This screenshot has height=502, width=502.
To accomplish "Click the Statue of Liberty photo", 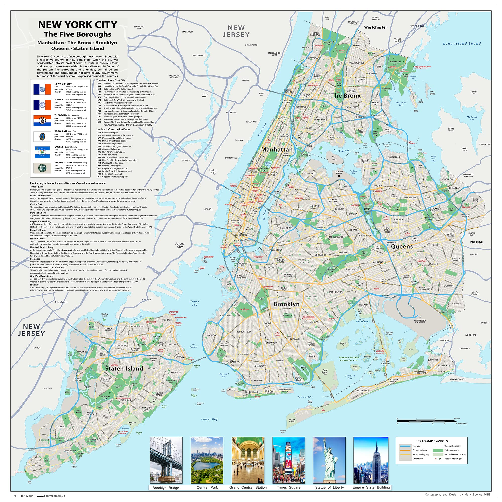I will [x=329, y=460].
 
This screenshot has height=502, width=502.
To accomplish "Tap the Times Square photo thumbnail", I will [x=288, y=460].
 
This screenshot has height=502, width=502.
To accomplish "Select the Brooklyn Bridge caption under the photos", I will [x=166, y=488].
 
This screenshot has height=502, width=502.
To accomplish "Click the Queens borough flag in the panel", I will [x=42, y=152].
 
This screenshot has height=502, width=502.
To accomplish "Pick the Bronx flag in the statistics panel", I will [x=42, y=121].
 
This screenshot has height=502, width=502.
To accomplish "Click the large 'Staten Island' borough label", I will [x=124, y=368].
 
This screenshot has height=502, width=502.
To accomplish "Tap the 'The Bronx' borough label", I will [x=346, y=96].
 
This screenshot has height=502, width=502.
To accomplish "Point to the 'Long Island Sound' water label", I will [x=462, y=44].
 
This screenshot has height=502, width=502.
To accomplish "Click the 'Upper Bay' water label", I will [x=194, y=303].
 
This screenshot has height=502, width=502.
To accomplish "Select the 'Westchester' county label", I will [x=375, y=27].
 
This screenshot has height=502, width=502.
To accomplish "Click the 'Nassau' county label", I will [x=477, y=242].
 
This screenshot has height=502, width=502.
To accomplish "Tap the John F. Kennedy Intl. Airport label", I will [x=420, y=321].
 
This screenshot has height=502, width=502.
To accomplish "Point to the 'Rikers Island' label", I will [x=334, y=158].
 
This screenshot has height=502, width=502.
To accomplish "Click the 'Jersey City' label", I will [x=180, y=245].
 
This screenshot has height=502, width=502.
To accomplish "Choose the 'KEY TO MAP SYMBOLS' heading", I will [x=431, y=441].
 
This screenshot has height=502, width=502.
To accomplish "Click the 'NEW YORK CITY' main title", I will [x=78, y=25].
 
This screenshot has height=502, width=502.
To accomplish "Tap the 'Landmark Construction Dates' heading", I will [x=113, y=129].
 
